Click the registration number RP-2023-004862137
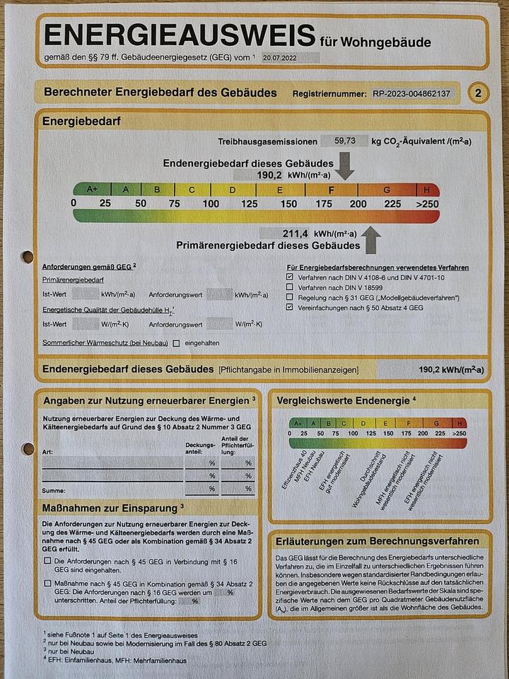[x=411, y=93]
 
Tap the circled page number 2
[x=479, y=93]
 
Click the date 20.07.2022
[x=280, y=59]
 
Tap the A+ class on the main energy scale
[x=92, y=190]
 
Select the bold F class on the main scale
[x=332, y=190]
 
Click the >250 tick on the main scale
[x=426, y=204]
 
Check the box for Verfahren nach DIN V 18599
[x=290, y=289]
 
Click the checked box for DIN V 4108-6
[x=290, y=279]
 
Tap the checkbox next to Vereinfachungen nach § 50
[x=290, y=308]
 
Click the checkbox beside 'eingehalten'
[x=176, y=343]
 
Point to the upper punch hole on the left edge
[x=28, y=257]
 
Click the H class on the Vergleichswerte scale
[x=461, y=423]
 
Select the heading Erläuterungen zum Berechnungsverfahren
[x=378, y=541]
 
